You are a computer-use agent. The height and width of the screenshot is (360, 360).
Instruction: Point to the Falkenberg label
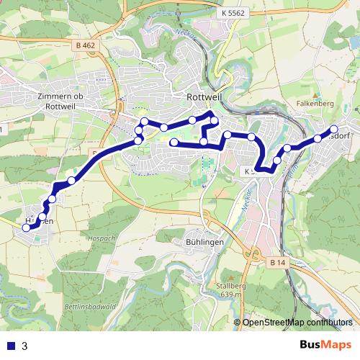pos(312,103)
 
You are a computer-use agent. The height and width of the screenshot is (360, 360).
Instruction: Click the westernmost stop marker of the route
pos(27,228)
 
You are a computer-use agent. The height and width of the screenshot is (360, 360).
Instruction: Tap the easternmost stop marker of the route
pos(333,130)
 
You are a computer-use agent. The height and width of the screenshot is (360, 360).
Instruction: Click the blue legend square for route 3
pos(9,346)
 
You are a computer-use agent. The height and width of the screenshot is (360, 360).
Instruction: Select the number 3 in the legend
pos(24,346)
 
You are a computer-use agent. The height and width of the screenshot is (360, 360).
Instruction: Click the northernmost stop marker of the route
pos(211,115)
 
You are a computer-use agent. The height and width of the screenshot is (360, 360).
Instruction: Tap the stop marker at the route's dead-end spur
pos(174,143)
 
